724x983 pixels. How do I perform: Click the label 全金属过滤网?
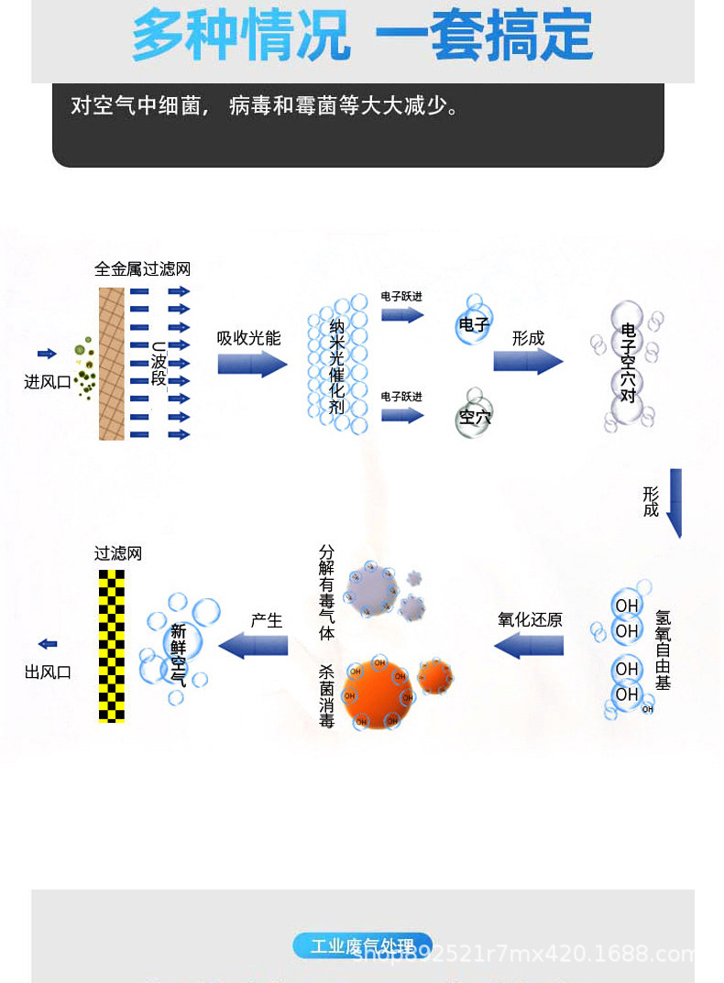pos(142,269)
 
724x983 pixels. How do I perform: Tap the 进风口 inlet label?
pos(48,382)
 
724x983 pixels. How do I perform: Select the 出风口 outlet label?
pos(48,672)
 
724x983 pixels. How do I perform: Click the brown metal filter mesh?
pos(112,364)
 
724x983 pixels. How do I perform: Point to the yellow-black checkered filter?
pos(112,646)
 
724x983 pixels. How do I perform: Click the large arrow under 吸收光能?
pos(252,364)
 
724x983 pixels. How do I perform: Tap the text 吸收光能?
pos(248,338)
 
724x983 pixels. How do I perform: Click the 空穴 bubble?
pos(474,417)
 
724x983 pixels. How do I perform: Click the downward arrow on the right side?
pos(675,503)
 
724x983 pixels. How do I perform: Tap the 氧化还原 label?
pos(530,620)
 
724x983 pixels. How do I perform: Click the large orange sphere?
pos(378,694)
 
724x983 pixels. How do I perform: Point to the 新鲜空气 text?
pos(178,654)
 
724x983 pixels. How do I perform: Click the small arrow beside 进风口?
pos(47,354)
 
